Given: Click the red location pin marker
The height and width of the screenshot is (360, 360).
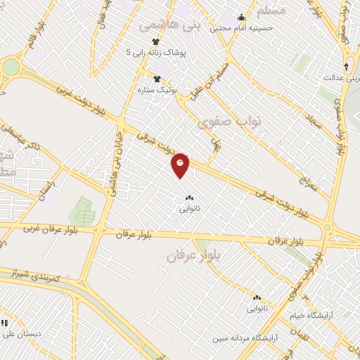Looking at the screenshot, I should click(x=181, y=165).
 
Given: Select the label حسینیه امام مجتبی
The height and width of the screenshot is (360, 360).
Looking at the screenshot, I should click(x=266, y=28).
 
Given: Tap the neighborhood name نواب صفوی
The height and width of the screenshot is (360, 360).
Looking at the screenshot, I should click(x=231, y=122).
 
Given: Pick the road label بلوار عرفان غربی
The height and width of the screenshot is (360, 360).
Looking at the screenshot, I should click(x=49, y=229).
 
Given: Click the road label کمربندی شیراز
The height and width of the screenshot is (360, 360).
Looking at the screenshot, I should click(x=39, y=274).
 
